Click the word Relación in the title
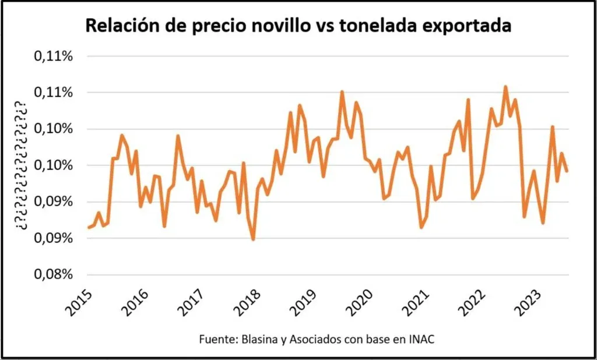(120, 26)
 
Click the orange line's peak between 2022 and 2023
(505, 87)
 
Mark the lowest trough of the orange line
(253, 239)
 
